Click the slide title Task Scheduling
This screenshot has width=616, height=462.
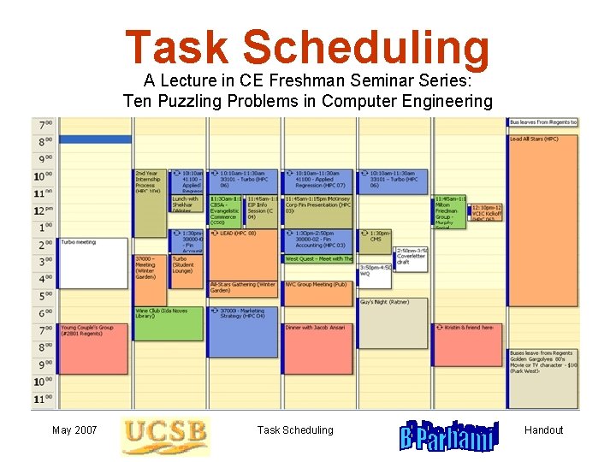pyautogui.click(x=307, y=48)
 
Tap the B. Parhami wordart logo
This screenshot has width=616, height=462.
pyautogui.click(x=448, y=435)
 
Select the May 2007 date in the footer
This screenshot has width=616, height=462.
pyautogui.click(x=74, y=430)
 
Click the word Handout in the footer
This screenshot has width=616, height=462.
pyautogui.click(x=543, y=430)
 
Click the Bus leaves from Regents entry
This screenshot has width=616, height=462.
pyautogui.click(x=543, y=122)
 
